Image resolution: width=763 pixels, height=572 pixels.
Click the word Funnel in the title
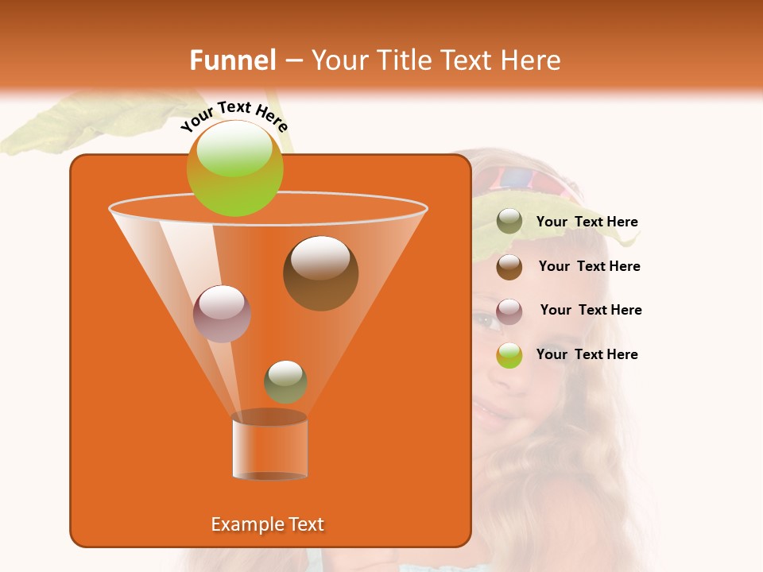(232, 60)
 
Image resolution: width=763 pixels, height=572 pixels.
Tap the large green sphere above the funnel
(234, 168)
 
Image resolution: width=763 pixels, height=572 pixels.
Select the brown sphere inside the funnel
(320, 273)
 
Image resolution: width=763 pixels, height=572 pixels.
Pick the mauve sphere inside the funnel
(222, 313)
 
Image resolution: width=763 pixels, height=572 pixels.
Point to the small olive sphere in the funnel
(285, 381)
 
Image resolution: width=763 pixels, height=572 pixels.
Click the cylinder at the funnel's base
(269, 448)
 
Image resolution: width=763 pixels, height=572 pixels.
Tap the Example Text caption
(267, 524)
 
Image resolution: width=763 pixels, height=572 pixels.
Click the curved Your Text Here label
(234, 116)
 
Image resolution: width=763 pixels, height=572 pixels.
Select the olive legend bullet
(509, 222)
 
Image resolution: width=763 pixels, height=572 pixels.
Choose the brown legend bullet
(509, 267)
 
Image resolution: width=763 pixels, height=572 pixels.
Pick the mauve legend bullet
(509, 311)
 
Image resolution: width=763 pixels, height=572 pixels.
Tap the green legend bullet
(509, 355)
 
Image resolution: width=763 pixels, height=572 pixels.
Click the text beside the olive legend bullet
(587, 222)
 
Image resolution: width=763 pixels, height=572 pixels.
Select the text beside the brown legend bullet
(589, 267)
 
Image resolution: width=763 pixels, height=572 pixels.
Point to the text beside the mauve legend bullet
(591, 311)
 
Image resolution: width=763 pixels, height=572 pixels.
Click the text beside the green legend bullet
(587, 354)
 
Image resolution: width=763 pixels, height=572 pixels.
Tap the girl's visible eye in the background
(486, 320)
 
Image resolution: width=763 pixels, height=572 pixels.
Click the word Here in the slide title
(530, 60)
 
